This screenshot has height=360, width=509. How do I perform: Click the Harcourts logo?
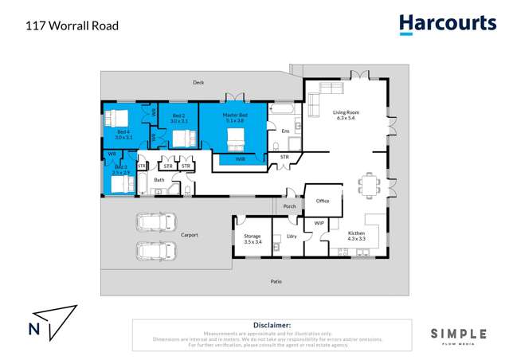click(x=447, y=24)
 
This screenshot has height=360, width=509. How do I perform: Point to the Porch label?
click(x=289, y=206)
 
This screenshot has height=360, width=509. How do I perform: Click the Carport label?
click(x=189, y=235)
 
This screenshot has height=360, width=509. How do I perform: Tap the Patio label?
click(x=276, y=280)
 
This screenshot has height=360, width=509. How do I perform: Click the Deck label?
click(x=198, y=82)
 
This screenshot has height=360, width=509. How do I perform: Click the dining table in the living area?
click(x=369, y=186)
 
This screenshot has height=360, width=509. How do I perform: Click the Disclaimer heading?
click(x=272, y=325)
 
